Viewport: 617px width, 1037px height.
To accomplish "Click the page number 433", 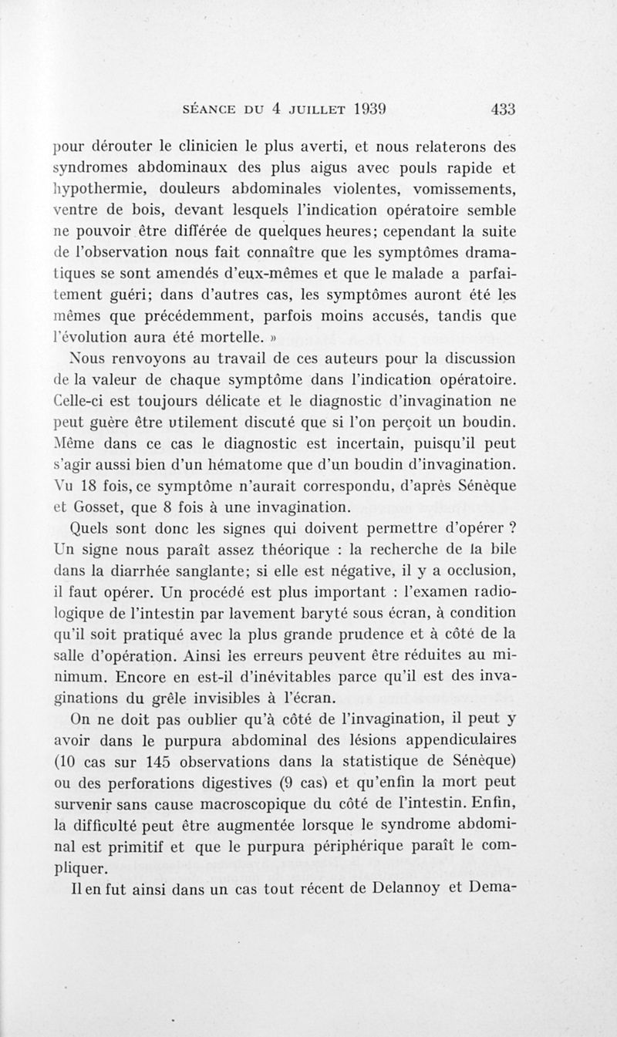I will [502, 109].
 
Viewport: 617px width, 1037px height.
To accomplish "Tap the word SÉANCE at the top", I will [206, 109].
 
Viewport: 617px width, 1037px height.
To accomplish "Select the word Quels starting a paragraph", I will [90, 529].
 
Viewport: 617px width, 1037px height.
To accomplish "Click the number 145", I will [161, 760].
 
